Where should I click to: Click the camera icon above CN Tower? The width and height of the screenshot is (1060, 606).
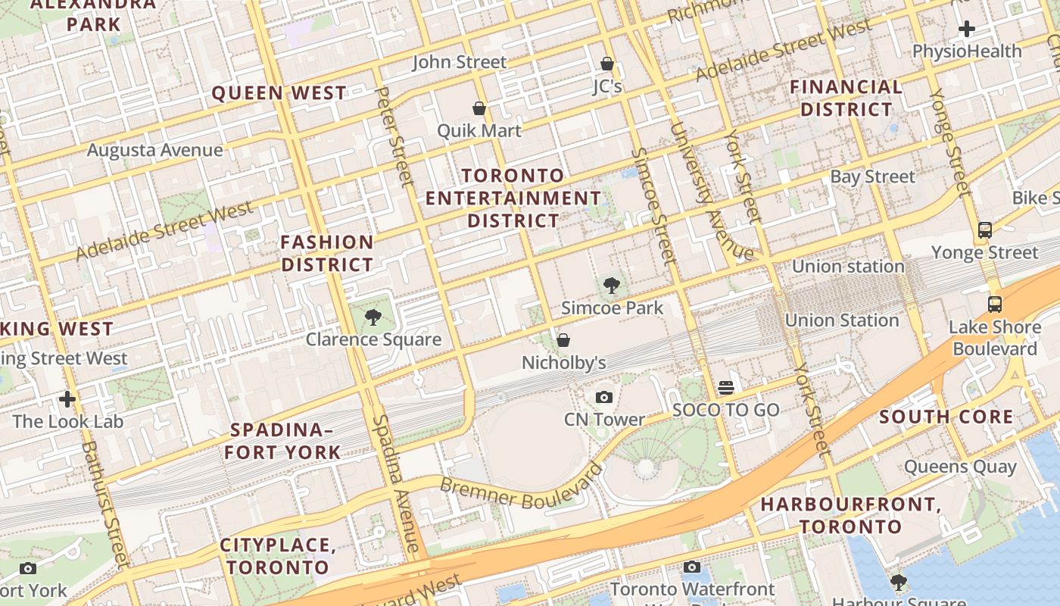603,397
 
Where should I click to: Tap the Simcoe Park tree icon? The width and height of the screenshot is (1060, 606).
612,286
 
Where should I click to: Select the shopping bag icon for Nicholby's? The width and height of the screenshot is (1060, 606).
563,340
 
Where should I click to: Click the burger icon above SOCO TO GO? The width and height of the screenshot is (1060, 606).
726,388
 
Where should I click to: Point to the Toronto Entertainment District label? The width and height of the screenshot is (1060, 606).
513,198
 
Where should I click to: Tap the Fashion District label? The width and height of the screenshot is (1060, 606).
327,254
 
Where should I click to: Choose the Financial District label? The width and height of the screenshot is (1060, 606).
846,98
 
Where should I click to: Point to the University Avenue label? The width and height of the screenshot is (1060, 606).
711,192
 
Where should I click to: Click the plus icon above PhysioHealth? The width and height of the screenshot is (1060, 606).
966,30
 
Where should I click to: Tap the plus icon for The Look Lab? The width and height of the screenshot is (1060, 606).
67,398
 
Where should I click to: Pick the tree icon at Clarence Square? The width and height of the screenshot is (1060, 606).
372,317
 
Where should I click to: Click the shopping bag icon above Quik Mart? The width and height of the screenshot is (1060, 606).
479,108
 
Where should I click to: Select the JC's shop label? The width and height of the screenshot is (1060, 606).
607,86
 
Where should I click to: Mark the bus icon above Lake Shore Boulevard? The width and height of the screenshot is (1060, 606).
994,305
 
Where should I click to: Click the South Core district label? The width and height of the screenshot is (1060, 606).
946,417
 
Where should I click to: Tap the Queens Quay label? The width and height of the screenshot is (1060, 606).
959,467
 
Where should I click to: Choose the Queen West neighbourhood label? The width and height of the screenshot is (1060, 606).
279,93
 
